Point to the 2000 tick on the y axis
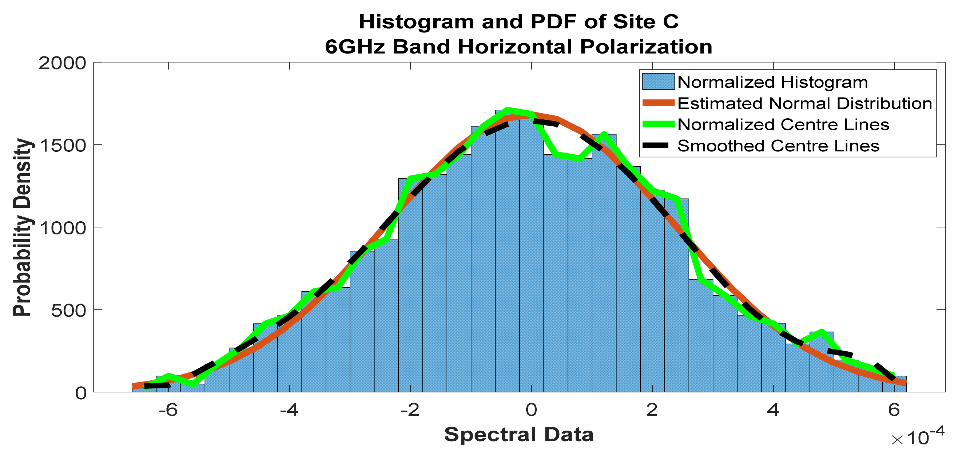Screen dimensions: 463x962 62,63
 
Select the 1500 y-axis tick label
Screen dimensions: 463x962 62,145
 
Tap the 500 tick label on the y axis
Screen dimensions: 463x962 68,310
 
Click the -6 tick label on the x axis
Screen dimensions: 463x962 168,411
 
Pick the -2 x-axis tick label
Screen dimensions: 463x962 410,411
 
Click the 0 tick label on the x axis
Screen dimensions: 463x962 531,411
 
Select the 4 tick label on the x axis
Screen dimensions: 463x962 773,411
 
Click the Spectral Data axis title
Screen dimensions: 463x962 519,435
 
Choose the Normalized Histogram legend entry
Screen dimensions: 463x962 772,82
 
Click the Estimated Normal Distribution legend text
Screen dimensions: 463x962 804,103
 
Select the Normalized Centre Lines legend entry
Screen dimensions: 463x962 783,124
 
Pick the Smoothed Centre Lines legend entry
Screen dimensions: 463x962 778,146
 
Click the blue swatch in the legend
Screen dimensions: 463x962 659,82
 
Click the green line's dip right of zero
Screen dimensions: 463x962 568,156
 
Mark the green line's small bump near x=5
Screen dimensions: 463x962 822,332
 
